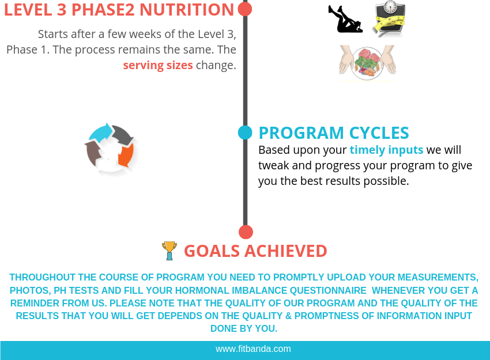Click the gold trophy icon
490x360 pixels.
[x=169, y=251]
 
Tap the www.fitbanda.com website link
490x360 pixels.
[x=253, y=348]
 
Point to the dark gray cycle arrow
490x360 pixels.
[x=122, y=135]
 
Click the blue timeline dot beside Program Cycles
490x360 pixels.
[x=245, y=132]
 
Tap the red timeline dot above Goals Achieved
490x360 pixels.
[x=246, y=232]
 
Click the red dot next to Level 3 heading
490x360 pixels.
[x=245, y=9]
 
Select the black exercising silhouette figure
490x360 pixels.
[x=345, y=19]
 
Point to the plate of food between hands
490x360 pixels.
[x=368, y=63]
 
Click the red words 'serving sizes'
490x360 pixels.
[x=158, y=65]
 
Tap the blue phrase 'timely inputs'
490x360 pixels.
[x=387, y=150]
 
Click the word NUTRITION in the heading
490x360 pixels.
[x=187, y=10]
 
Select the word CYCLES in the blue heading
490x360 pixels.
[x=379, y=133]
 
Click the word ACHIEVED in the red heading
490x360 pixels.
[x=285, y=251]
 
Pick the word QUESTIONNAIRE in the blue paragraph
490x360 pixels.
[x=328, y=290]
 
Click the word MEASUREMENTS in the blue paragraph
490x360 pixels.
[x=422, y=277]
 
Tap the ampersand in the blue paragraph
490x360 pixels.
[x=288, y=316]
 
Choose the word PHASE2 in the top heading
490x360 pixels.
[x=103, y=10]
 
